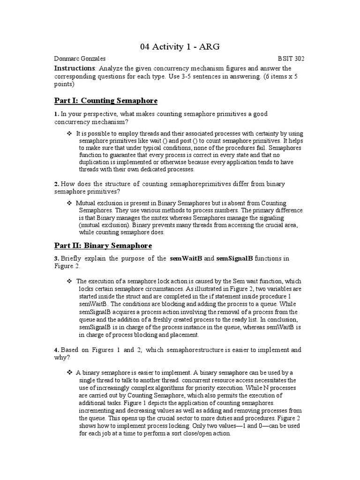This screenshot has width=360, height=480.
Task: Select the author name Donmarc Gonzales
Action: point(80,59)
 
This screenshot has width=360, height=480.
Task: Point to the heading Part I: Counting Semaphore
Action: point(106,101)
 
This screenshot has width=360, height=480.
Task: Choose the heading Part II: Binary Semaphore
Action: point(103,246)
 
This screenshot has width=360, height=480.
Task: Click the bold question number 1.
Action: point(56,114)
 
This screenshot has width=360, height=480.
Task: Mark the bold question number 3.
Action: point(56,259)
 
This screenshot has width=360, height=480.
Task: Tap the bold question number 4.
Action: point(56,350)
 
